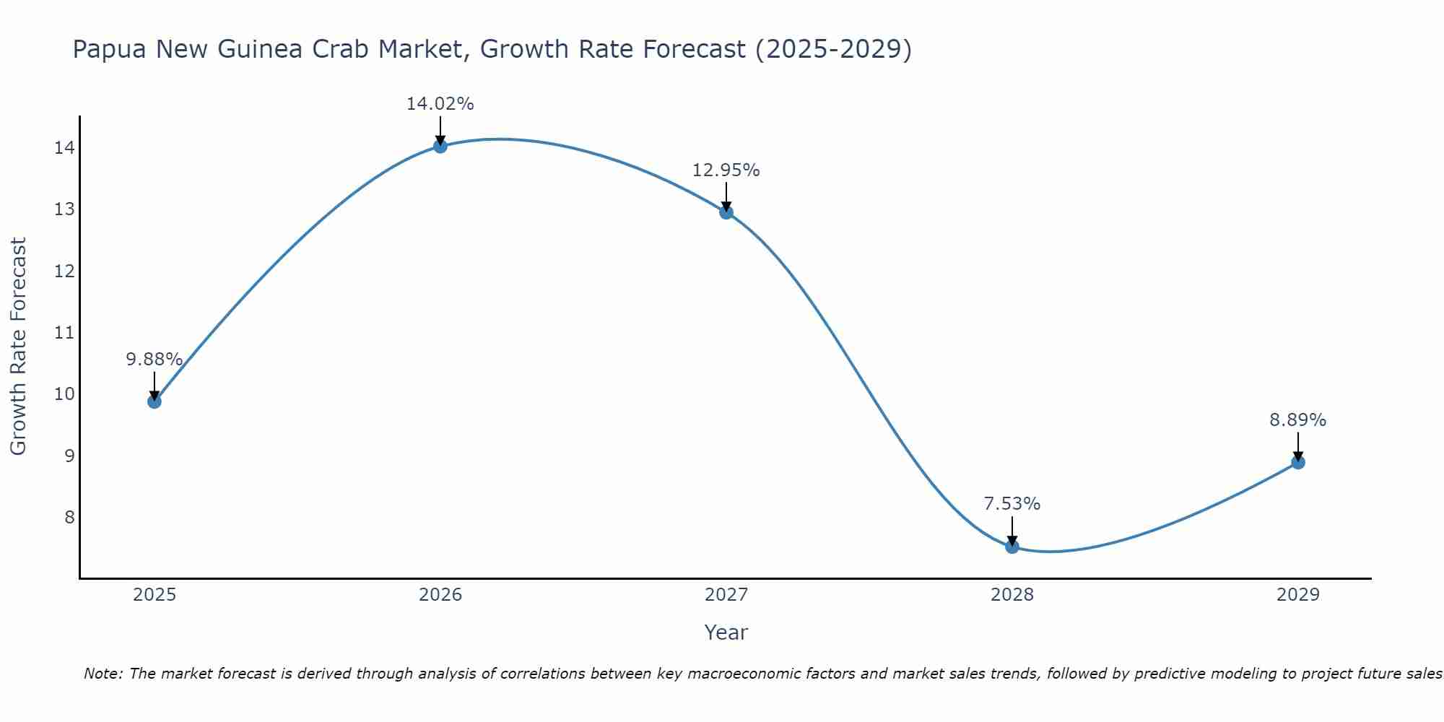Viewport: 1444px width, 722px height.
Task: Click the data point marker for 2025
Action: click(x=155, y=401)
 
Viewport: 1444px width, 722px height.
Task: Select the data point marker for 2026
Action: click(x=440, y=147)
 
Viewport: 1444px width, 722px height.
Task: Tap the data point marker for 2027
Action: click(x=726, y=212)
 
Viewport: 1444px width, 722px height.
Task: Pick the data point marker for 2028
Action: click(x=1012, y=547)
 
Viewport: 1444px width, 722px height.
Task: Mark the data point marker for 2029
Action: click(x=1298, y=462)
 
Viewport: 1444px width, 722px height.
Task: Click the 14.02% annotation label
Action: click(x=440, y=104)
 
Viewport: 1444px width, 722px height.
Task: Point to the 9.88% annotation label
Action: click(x=154, y=360)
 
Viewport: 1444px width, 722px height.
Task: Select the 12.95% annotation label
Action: click(x=726, y=170)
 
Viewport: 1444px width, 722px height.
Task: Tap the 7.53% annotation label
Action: click(x=1012, y=504)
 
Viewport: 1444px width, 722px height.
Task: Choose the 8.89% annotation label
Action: click(x=1297, y=420)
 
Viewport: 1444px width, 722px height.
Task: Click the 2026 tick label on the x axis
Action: click(x=440, y=595)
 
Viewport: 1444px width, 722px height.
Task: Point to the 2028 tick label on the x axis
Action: click(x=1012, y=595)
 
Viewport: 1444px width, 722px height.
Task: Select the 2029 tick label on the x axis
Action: click(x=1298, y=595)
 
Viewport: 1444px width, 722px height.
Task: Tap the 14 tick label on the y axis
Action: click(x=64, y=148)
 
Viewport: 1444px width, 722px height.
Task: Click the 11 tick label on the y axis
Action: click(x=64, y=333)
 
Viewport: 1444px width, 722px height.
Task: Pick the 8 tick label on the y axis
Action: click(x=69, y=517)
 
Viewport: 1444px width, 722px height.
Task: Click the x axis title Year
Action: click(x=726, y=632)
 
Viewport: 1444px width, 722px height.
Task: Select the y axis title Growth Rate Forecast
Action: click(x=18, y=347)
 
